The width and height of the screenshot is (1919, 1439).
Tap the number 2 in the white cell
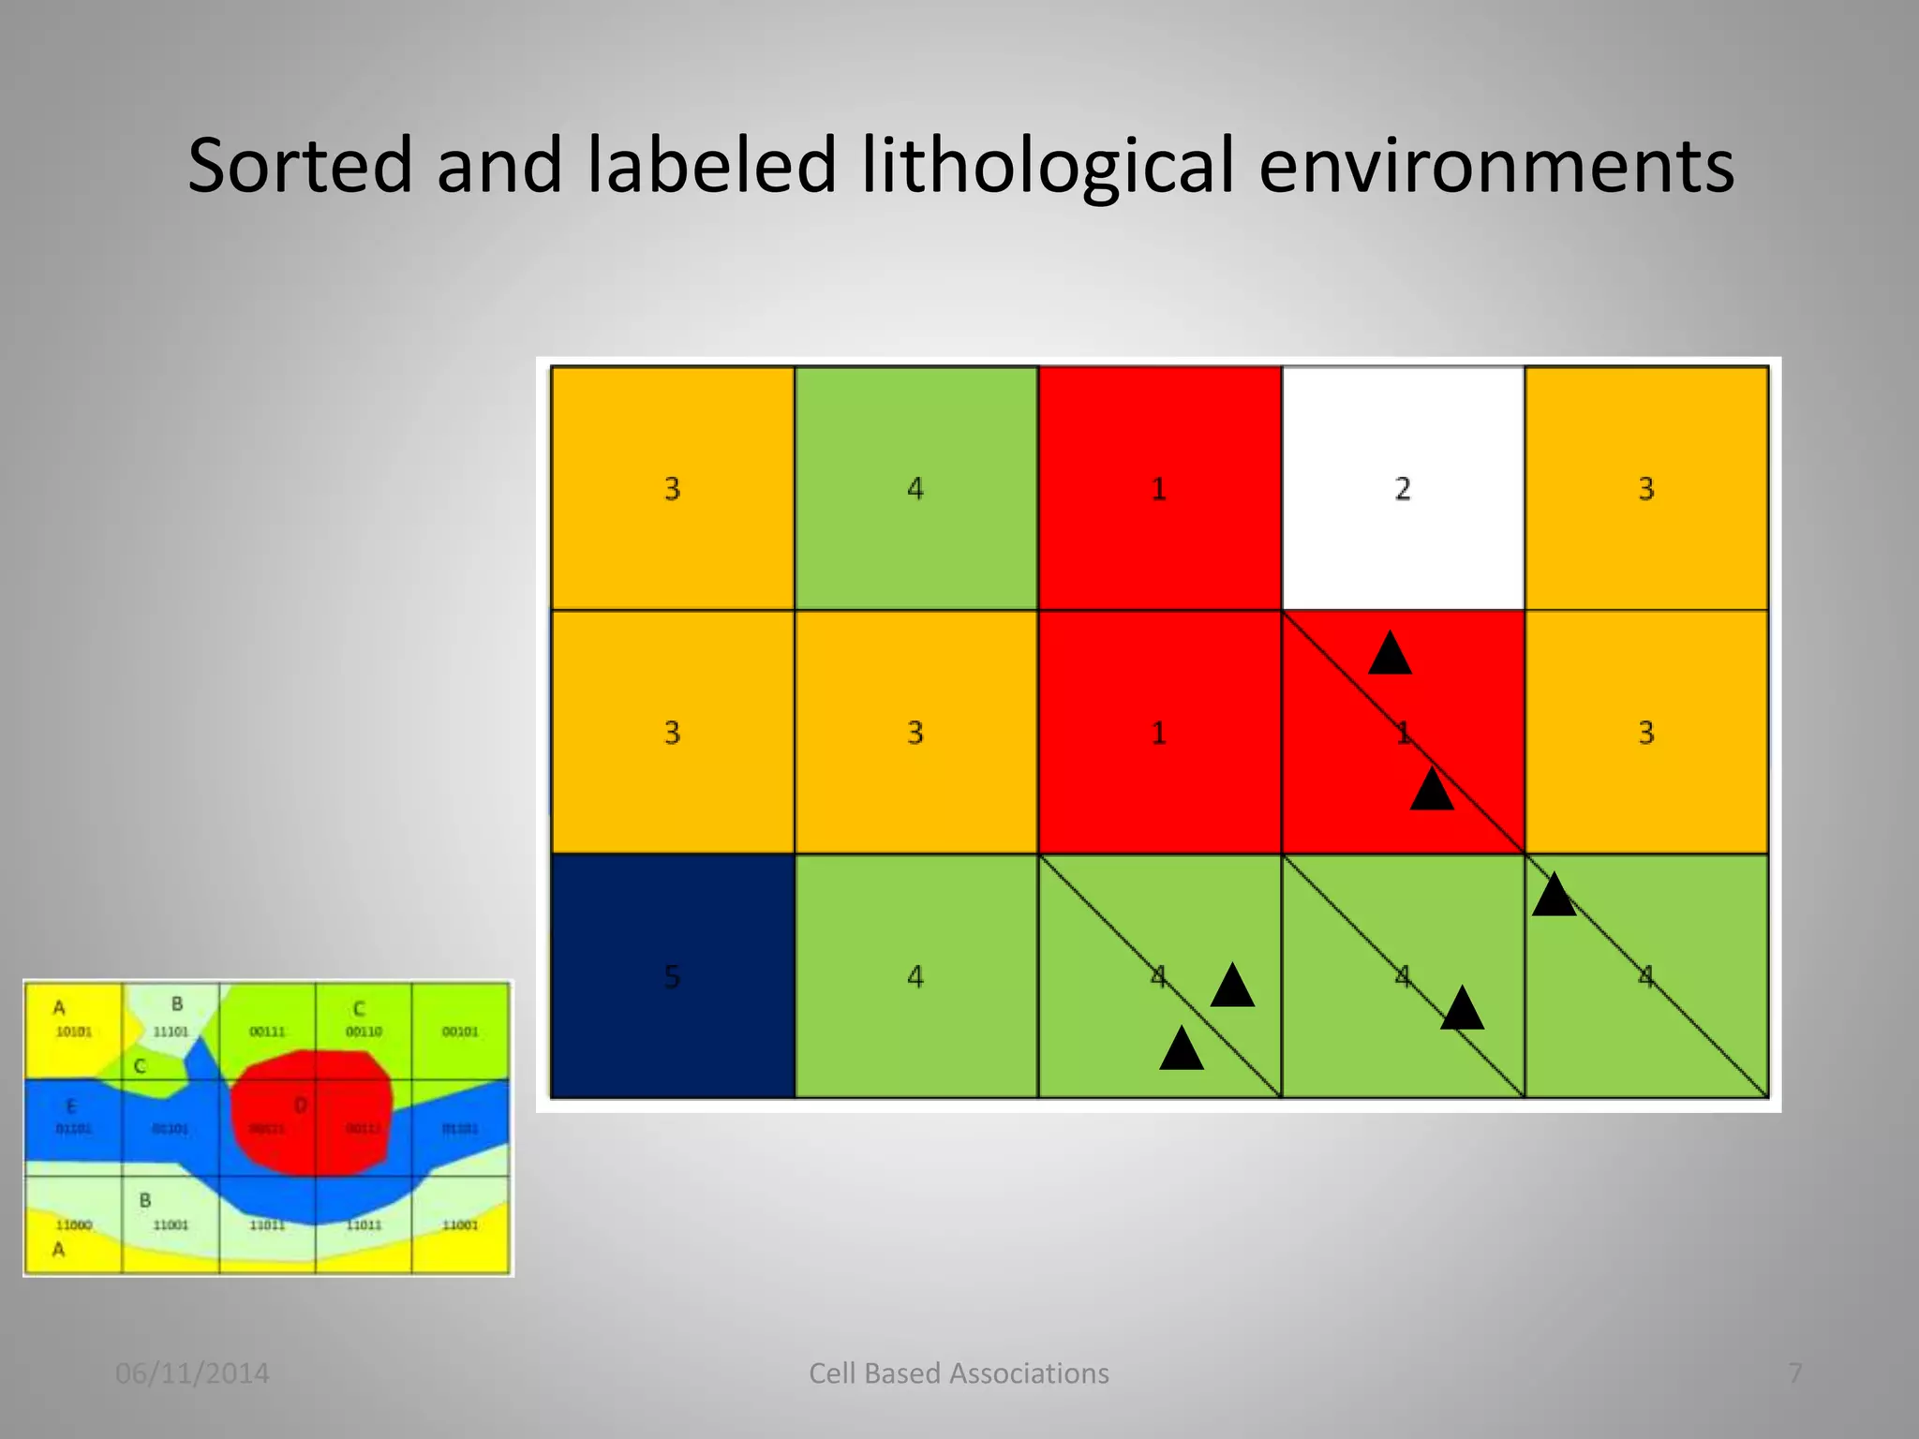click(1402, 489)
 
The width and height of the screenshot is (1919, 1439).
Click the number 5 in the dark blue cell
click(672, 977)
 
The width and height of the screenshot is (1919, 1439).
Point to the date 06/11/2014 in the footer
click(192, 1373)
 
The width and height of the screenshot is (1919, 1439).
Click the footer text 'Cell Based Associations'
click(959, 1373)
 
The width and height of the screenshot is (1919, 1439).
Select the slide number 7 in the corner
click(1794, 1373)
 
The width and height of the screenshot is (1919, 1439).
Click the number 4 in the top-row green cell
click(915, 489)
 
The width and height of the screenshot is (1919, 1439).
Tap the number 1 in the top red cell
click(1159, 489)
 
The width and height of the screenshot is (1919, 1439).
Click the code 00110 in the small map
click(364, 1031)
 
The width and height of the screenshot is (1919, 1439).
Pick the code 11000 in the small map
click(74, 1224)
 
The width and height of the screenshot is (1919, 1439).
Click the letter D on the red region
click(301, 1105)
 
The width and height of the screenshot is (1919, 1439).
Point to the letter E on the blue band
click(71, 1106)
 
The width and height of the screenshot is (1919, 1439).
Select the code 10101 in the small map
click(74, 1031)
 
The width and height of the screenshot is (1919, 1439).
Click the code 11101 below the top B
click(171, 1031)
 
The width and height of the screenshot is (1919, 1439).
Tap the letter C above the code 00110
click(359, 1009)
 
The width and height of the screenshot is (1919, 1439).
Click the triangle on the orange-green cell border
click(1554, 896)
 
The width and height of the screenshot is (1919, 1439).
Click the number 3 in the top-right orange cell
click(1645, 489)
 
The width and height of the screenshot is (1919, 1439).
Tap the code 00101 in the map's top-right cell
click(460, 1031)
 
